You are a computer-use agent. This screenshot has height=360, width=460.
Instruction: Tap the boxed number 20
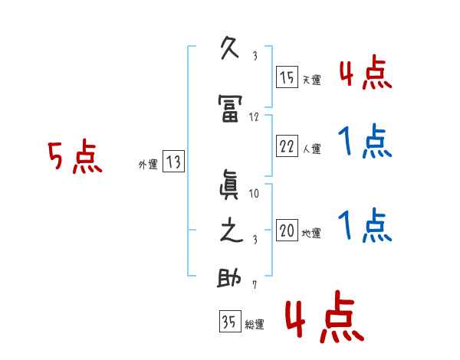(287, 230)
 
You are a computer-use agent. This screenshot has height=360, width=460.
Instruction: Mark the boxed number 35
(229, 322)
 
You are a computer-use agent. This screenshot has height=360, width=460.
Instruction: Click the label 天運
(311, 80)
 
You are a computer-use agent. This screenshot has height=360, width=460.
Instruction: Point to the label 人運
(311, 149)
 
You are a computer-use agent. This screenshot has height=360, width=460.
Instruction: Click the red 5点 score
(74, 159)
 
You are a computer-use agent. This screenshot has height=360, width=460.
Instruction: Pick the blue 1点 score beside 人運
(364, 142)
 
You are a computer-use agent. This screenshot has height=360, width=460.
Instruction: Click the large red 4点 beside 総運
(324, 320)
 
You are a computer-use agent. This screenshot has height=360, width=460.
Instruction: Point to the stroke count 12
(255, 117)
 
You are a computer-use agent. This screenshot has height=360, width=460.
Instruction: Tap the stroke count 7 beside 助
(255, 286)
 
